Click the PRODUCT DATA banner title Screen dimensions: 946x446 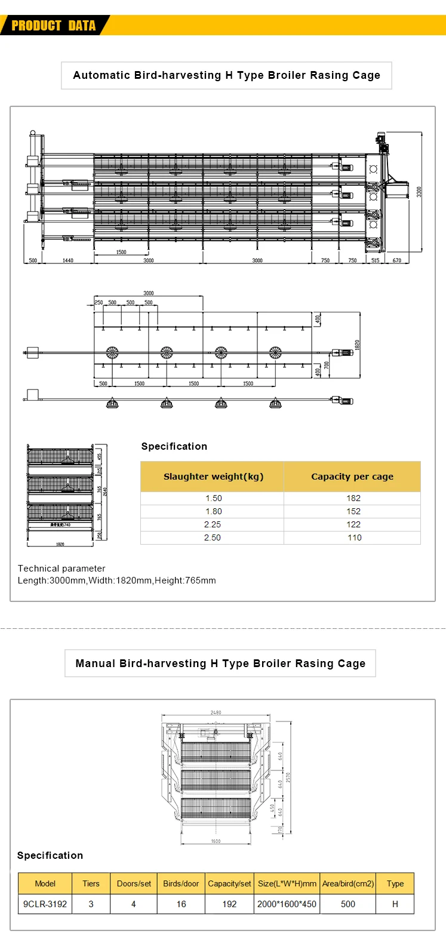tap(54, 26)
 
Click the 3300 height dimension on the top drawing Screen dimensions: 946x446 tap(419, 192)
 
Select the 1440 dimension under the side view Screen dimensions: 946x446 tap(68, 260)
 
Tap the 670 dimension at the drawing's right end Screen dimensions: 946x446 tap(397, 260)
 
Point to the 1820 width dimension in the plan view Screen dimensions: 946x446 tap(357, 345)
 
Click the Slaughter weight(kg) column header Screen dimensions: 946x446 tap(213, 477)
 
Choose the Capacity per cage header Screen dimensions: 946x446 tap(352, 477)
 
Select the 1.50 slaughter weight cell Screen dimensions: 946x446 tap(213, 498)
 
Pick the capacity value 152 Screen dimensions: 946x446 tap(353, 511)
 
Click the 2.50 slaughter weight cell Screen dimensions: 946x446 tap(213, 537)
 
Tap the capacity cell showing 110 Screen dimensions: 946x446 tap(355, 537)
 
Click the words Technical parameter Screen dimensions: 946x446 tap(61, 569)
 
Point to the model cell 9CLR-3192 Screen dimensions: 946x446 tap(45, 904)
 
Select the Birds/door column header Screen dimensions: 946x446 tap(181, 883)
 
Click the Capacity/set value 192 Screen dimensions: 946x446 tap(229, 904)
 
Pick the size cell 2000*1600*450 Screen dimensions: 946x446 tap(287, 904)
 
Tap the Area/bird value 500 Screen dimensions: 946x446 tap(348, 904)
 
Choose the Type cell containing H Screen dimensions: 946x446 tap(395, 904)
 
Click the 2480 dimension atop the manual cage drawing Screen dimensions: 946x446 tap(216, 712)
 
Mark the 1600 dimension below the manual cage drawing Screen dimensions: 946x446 tap(216, 841)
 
